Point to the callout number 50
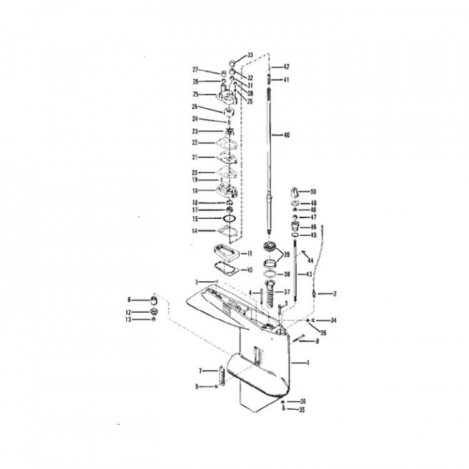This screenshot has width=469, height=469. click(313, 192)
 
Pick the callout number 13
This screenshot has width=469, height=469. click(129, 320)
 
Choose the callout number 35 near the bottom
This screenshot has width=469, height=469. click(302, 410)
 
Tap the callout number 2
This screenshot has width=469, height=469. click(335, 294)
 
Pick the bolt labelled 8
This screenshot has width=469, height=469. click(300, 338)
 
